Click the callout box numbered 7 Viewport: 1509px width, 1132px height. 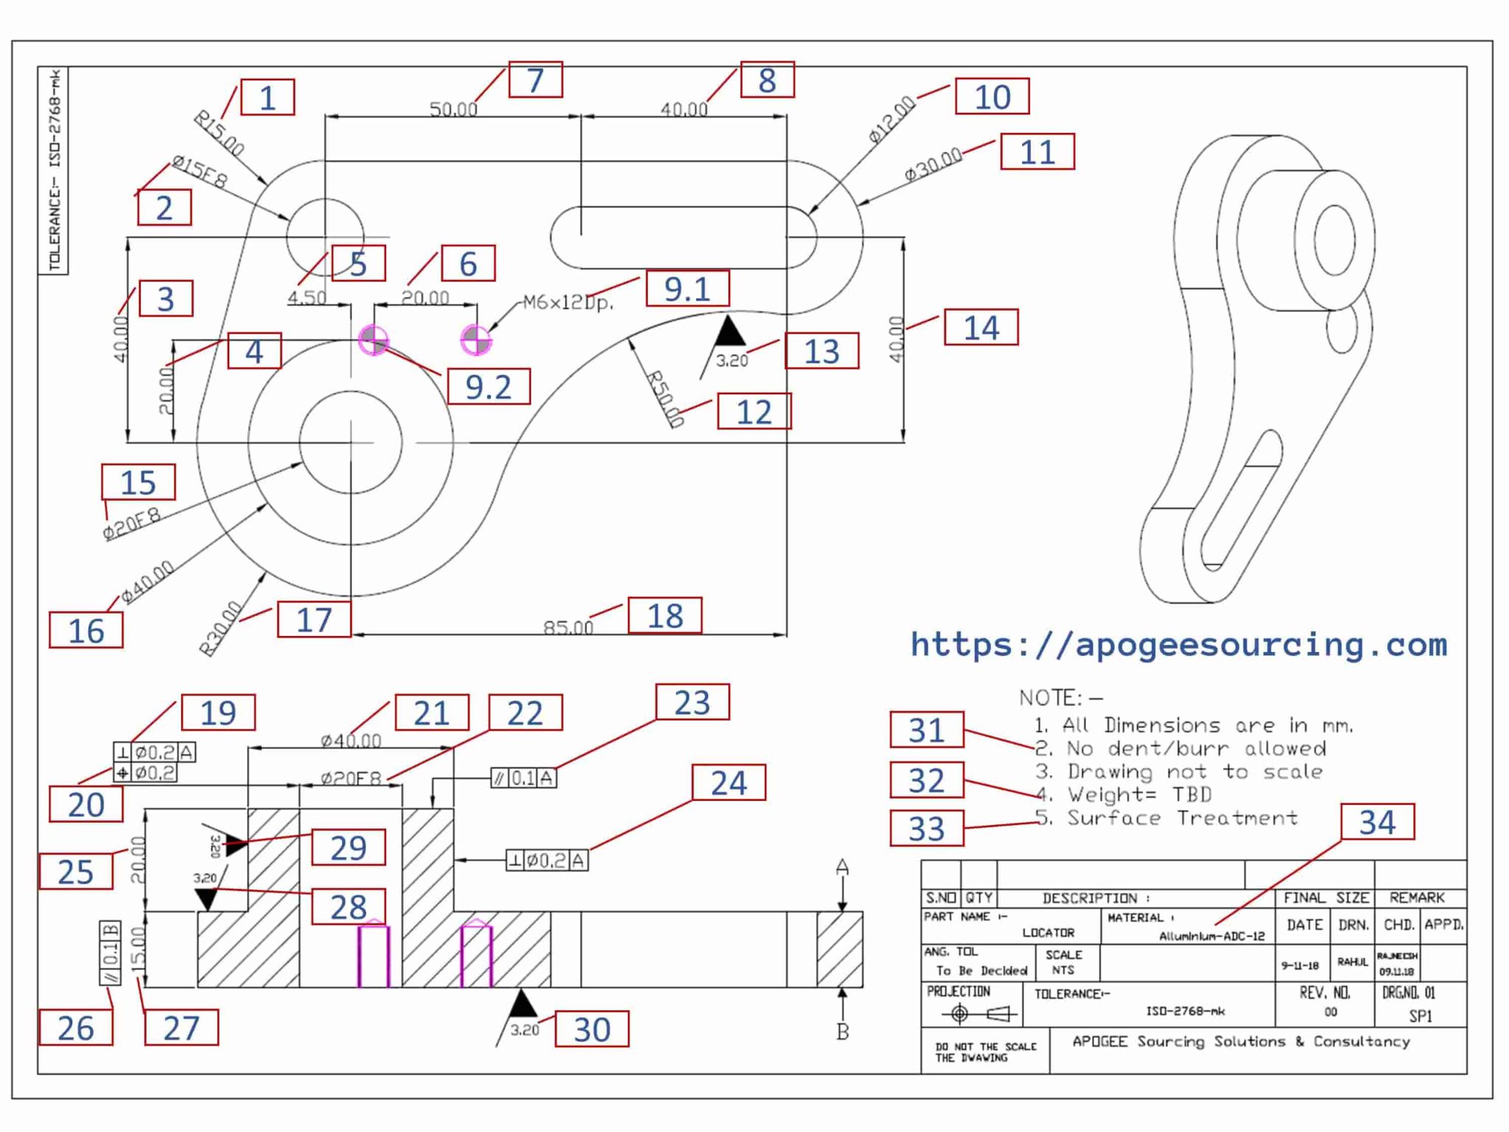(x=536, y=80)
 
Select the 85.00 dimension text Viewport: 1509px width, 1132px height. (x=567, y=627)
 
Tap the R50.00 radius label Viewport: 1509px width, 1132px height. (x=665, y=398)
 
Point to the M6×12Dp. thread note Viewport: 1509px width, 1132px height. (x=568, y=302)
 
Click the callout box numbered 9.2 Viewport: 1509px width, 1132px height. (x=489, y=387)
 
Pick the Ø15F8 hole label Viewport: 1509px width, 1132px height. (x=200, y=171)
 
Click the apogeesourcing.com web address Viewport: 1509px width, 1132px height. (x=1178, y=645)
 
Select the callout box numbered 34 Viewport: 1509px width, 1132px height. (x=1376, y=822)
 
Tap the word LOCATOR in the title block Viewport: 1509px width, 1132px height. (x=1048, y=932)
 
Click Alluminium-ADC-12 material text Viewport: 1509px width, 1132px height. (x=1211, y=937)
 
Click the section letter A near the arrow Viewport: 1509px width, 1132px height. (x=842, y=867)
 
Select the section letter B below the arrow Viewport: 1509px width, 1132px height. (x=842, y=1032)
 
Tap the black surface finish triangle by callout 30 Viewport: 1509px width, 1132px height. (x=522, y=1005)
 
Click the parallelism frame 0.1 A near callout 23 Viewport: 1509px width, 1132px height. (x=524, y=778)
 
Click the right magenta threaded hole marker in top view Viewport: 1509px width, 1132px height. (x=476, y=340)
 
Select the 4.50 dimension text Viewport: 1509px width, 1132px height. (x=307, y=297)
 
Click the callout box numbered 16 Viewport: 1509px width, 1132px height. (x=86, y=631)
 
